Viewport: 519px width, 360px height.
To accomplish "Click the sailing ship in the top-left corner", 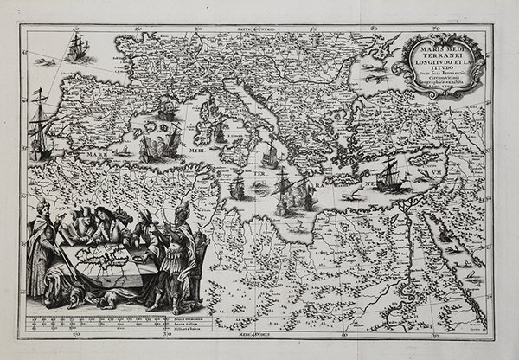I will point(77,48).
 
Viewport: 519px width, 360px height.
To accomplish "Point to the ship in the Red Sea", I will point(445,232).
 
